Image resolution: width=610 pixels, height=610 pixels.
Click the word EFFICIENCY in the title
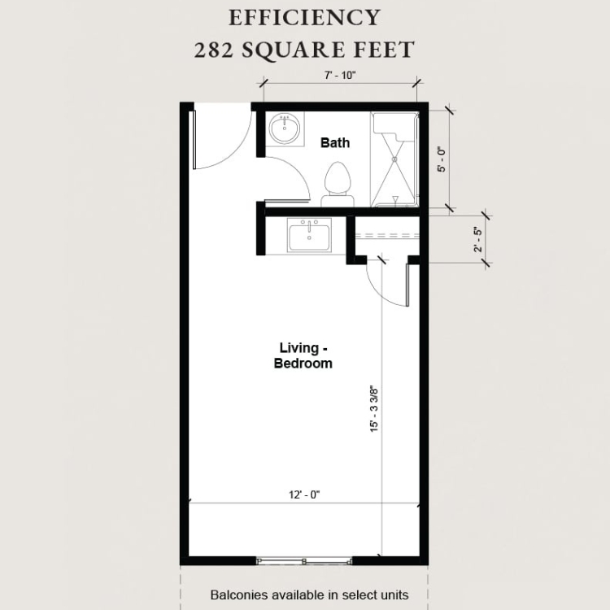click(304, 18)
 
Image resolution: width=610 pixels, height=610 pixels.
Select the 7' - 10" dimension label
click(341, 75)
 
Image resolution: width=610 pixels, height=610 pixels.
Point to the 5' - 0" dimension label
click(441, 159)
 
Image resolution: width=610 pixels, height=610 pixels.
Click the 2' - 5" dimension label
click(477, 240)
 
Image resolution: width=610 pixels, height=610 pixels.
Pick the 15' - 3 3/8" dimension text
click(374, 409)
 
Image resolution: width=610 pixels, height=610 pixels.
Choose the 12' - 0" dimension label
click(304, 495)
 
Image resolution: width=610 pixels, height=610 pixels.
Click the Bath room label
click(335, 143)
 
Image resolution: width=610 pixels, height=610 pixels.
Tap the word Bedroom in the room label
click(303, 364)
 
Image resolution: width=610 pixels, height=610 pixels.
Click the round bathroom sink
click(285, 127)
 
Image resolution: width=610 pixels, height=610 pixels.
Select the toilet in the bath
click(338, 185)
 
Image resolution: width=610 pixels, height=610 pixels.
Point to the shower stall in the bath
click(394, 159)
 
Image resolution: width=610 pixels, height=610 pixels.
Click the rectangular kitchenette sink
click(309, 235)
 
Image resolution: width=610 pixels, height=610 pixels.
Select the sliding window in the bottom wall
click(304, 560)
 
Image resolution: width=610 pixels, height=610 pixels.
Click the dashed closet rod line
click(387, 235)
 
